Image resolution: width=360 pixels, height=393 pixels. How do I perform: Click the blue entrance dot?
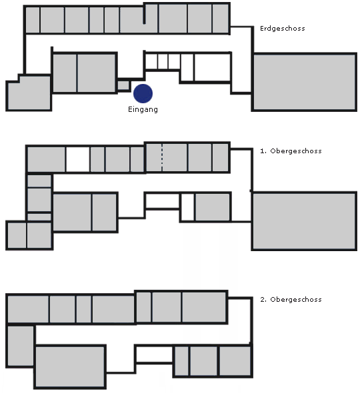143,93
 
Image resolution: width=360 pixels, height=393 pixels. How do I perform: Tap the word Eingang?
143,109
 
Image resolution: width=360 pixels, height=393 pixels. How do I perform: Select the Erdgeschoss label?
283,29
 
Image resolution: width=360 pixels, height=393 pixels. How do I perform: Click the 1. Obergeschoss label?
291,151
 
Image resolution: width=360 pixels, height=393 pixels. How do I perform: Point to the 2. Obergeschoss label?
291,299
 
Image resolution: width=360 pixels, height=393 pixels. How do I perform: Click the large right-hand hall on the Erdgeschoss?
304,82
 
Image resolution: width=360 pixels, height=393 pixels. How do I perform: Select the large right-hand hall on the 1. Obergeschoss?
304,220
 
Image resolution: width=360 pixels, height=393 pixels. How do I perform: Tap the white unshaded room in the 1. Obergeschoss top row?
78,159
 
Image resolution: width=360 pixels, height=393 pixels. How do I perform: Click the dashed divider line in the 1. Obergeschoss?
162,158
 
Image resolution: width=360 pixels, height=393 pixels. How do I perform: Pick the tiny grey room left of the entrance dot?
123,85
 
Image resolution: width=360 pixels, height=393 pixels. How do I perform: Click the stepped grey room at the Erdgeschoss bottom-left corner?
29,93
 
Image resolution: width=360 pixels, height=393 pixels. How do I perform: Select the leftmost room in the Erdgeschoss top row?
33,20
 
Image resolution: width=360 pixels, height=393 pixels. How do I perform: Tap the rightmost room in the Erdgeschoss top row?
221,19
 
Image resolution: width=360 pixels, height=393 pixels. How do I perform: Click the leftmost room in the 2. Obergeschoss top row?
28,309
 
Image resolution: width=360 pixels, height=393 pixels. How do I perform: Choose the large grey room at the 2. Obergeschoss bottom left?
70,366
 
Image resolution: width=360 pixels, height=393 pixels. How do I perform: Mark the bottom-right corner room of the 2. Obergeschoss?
235,361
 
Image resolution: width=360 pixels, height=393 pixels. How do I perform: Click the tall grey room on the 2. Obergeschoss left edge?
21,346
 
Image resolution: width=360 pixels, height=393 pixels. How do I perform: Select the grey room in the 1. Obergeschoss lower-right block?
213,207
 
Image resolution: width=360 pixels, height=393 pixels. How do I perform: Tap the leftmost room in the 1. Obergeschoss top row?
46,159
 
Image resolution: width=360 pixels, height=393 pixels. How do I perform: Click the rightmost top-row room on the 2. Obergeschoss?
204,307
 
